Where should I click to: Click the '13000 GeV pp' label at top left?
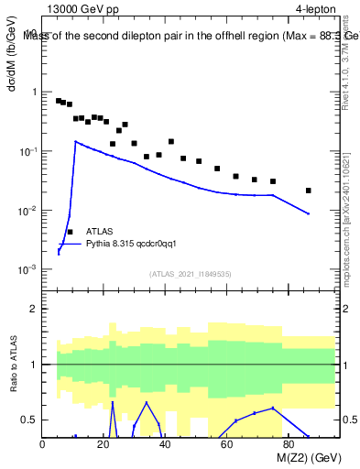(x=84, y=9)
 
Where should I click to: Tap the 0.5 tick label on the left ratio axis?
(x=28, y=420)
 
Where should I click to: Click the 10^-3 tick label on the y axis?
(x=26, y=270)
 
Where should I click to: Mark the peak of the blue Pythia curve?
(x=76, y=141)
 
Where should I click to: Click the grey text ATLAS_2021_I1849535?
(x=188, y=274)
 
